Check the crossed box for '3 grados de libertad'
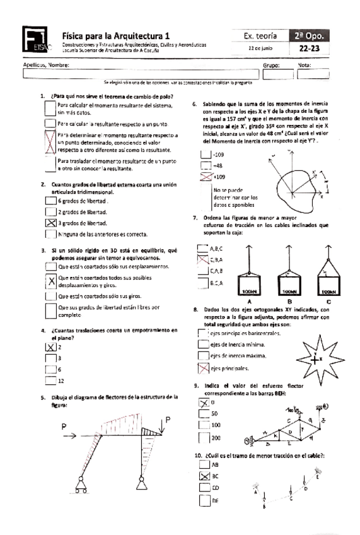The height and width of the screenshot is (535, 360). [x=51, y=223]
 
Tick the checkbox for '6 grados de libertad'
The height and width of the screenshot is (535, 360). [x=51, y=201]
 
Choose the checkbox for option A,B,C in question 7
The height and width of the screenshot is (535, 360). [x=202, y=249]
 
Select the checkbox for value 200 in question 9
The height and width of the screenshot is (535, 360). [x=203, y=437]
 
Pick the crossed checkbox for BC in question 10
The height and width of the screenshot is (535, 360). [x=203, y=476]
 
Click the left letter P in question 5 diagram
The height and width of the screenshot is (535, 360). [x=64, y=427]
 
